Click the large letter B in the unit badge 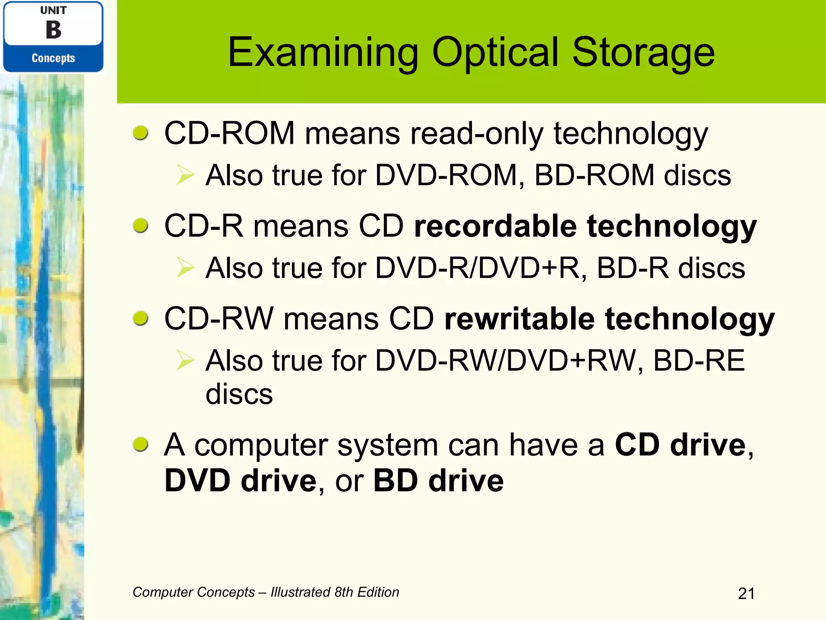point(53,30)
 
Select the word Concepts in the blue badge point(53,58)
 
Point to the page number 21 point(746,593)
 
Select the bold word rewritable point(519,319)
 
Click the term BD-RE point(699,360)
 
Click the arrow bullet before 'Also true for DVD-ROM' point(186,176)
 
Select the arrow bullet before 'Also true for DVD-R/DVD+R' point(186,268)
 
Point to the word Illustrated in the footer point(300,592)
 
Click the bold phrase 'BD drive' point(438,481)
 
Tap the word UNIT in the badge point(53,10)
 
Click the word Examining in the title point(323,52)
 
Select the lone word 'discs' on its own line point(239,394)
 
